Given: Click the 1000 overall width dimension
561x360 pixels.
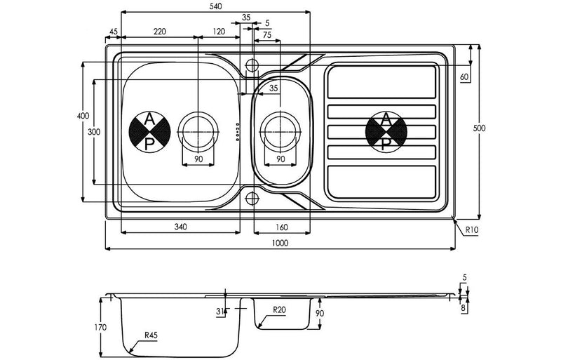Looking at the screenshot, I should pos(279,242).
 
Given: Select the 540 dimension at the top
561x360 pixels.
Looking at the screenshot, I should pos(215,6).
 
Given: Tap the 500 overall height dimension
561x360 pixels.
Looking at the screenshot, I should pos(480,128).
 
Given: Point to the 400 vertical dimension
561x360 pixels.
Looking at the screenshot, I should pos(81,116).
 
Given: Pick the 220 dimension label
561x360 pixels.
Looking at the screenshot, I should pos(159,32).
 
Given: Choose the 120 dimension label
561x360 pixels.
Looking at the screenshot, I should pos(219,32).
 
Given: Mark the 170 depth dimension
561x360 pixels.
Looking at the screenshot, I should pos(100,327).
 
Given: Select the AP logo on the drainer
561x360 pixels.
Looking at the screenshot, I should pos(385,131).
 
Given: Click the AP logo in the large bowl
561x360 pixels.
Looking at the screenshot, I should pos(150,131).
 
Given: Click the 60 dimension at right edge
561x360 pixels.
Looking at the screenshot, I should pos(464,76).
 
